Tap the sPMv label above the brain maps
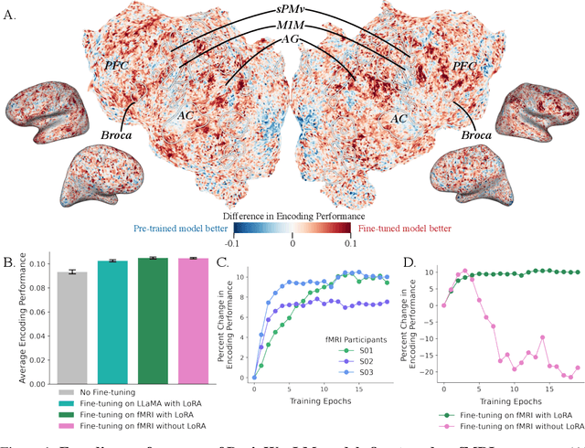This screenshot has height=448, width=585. click(292, 7)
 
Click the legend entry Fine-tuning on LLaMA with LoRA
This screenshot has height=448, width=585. click(131, 402)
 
